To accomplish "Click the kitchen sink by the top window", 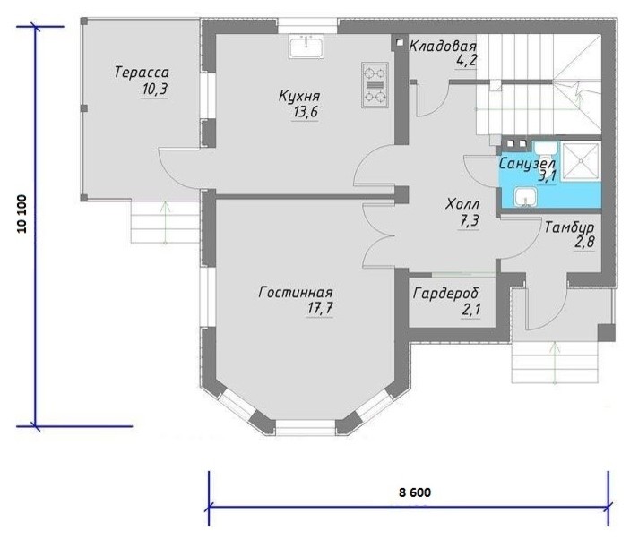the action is tap(306, 47).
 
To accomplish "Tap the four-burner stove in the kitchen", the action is tap(375, 85).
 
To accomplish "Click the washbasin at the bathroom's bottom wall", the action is tap(525, 198).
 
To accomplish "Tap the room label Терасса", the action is tap(142, 73).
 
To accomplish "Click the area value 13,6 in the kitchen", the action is tap(306, 112).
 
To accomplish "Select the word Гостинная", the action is tap(296, 292).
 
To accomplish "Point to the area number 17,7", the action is tap(320, 308).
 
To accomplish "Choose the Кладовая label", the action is tap(443, 47).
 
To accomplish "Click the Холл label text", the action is tap(462, 204).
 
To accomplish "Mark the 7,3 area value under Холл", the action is tap(469, 221).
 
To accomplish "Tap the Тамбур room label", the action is tap(569, 227).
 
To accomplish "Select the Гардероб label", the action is tap(446, 294).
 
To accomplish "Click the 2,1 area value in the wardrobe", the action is tap(470, 310).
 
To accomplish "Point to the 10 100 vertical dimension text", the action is tap(22, 214).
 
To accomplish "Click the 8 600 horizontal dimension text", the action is tap(415, 492).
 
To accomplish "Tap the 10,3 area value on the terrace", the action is tap(155, 90).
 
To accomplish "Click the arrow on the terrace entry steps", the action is tap(165, 223).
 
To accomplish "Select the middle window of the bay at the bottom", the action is tap(306, 427).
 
